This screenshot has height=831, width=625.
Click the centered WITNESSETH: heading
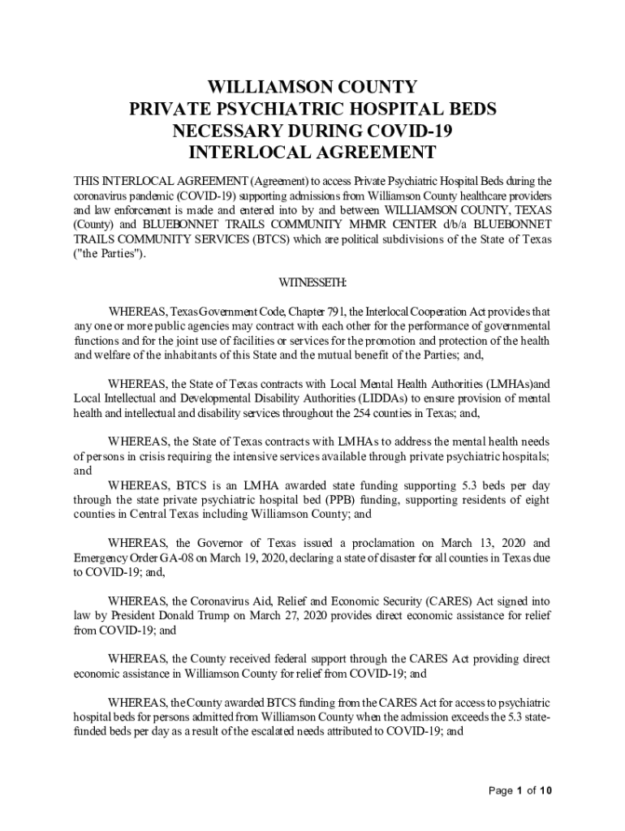(312, 282)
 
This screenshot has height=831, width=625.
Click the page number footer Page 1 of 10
(521, 790)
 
